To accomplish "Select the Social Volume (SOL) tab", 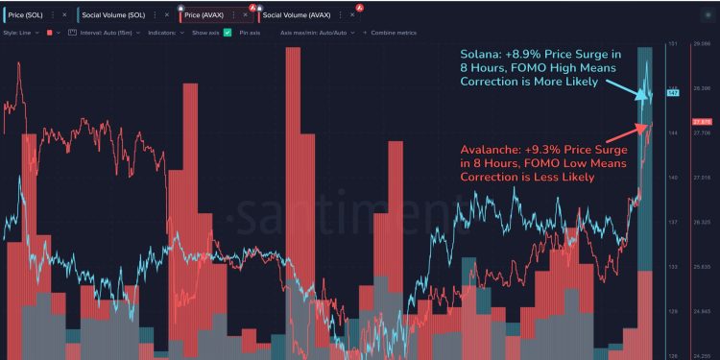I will tap(113, 15).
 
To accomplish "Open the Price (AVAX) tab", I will tap(204, 15).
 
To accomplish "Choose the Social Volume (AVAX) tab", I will tap(297, 15).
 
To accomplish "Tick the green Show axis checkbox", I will tap(228, 33).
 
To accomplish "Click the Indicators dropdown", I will tap(165, 33).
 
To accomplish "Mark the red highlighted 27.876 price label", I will tap(700, 122).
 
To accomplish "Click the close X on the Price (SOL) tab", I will tap(64, 15).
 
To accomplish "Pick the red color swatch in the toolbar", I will tap(50, 33).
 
